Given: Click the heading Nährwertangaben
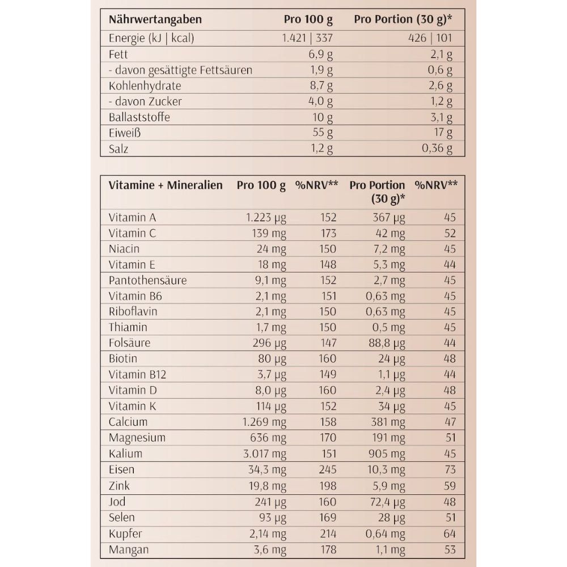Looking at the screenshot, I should tap(155, 20).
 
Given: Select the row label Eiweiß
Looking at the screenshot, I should tap(124, 133).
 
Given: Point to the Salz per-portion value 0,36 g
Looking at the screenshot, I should tap(437, 149).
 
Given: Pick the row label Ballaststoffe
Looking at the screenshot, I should tap(139, 117).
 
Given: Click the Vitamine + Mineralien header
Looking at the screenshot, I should tap(165, 185).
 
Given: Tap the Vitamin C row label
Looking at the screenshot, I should tap(132, 233).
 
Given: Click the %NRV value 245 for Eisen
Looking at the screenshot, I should tap(327, 469).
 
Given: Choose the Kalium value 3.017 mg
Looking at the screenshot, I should tap(264, 454).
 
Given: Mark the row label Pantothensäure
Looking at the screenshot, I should tap(147, 280).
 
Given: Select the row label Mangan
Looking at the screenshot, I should tap(128, 549).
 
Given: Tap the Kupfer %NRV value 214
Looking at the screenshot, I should tap(327, 534).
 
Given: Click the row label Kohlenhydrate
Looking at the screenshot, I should tap(144, 86).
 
